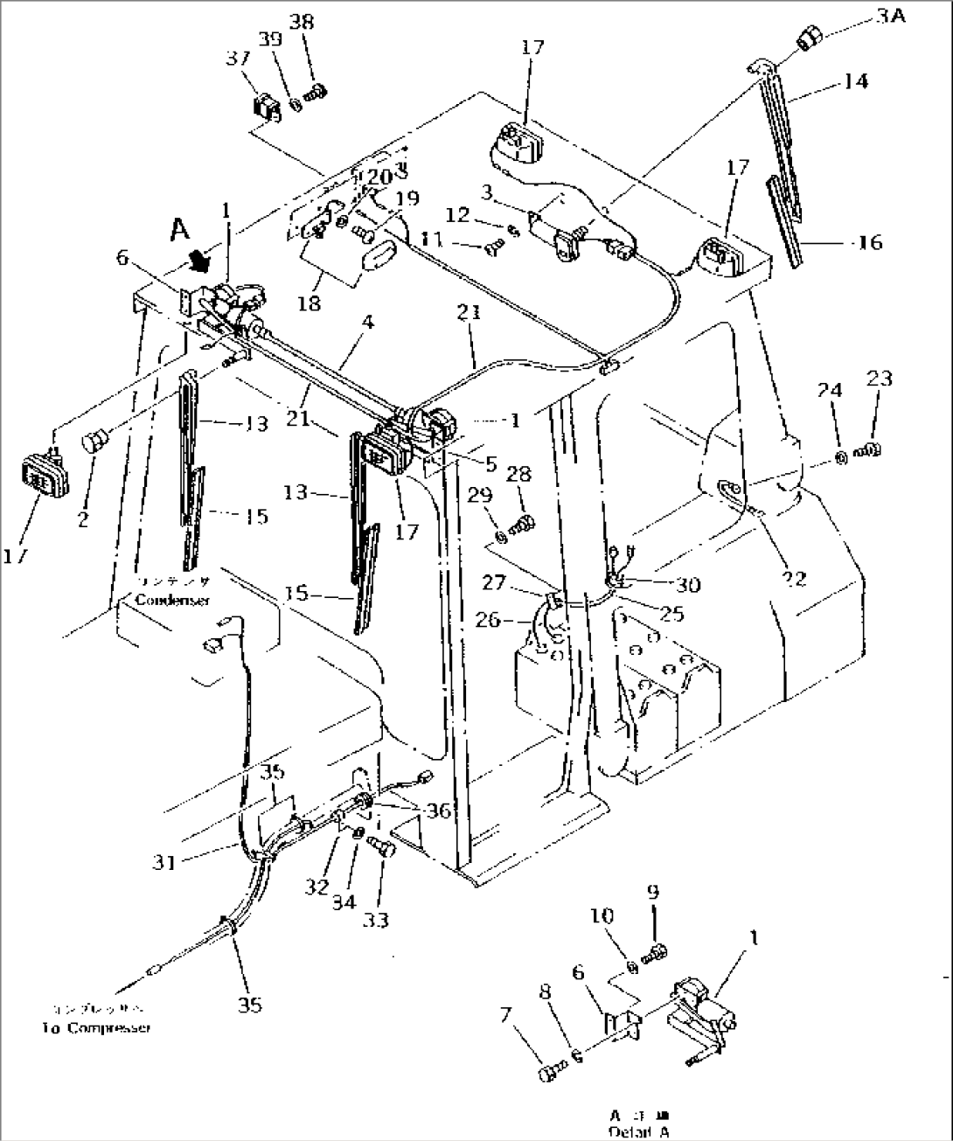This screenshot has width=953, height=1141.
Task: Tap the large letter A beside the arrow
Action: [180, 229]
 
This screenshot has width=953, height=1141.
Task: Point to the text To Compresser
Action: [95, 1027]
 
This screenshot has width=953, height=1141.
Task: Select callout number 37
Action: [263, 59]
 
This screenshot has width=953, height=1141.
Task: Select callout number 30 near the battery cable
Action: [688, 584]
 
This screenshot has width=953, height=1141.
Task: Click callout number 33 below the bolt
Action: [379, 920]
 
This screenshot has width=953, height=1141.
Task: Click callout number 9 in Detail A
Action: [654, 893]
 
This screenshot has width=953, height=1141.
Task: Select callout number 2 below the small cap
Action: [82, 521]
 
